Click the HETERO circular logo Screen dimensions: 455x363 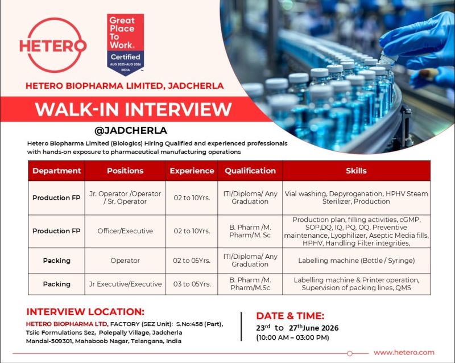click(53, 46)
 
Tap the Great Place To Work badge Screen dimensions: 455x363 click(125, 44)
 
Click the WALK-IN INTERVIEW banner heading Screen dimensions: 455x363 click(133, 109)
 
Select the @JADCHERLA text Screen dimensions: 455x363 click(131, 130)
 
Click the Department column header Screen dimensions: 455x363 click(56, 171)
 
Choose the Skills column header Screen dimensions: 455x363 click(357, 171)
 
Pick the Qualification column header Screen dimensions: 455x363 click(250, 171)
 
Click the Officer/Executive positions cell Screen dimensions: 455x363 click(125, 231)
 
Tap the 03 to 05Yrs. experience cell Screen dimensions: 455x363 click(192, 284)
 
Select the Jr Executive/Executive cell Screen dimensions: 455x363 click(125, 284)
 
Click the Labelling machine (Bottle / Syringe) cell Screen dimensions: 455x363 click(357, 261)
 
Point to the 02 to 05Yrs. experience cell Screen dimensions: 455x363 click(192, 261)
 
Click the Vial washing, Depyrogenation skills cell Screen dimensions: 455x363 click(357, 197)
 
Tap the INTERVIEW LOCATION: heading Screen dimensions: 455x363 click(85, 312)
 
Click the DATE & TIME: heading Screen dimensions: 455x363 click(290, 316)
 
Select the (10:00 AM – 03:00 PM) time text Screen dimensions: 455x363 click(292, 338)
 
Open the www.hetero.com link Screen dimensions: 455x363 click(404, 353)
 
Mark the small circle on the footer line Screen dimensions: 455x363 click(350, 353)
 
